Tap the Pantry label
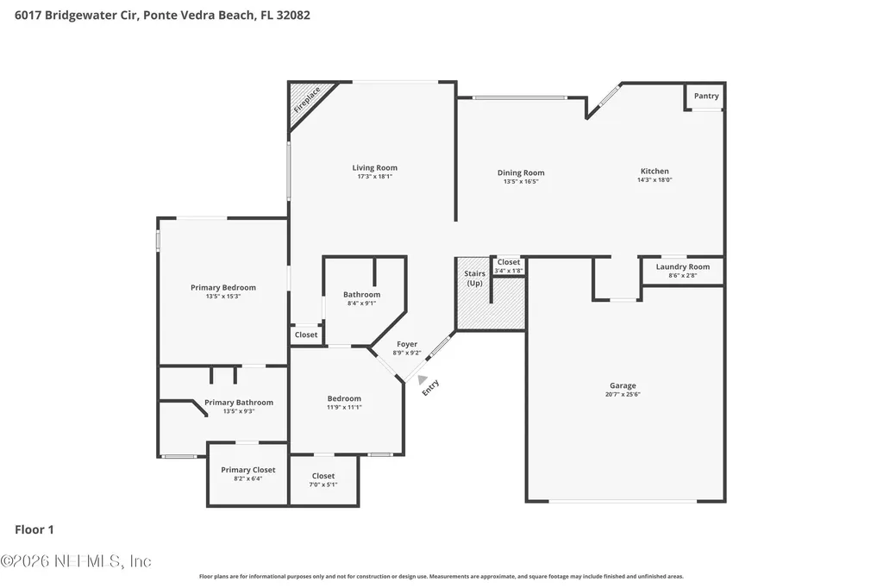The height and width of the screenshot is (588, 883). pos(706,96)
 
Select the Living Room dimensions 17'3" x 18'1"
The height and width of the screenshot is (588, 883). pos(374,176)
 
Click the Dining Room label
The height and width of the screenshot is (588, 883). pos(521,173)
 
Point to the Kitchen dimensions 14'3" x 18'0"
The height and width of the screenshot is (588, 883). pos(654,179)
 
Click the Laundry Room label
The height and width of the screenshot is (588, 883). pos(683,267)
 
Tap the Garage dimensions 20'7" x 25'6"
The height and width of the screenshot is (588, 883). pos(623,394)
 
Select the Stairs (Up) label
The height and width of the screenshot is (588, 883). pos(475,278)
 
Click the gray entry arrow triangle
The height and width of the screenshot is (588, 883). pos(423,380)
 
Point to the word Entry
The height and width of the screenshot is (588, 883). pos(430,387)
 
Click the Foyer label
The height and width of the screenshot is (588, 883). pos(407,344)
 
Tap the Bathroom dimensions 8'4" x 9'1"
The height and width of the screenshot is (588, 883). pos(361,303)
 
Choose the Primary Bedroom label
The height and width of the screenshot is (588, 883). pos(223,288)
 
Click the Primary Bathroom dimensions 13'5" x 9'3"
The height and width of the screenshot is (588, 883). pos(239,411)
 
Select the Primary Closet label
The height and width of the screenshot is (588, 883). pos(247,470)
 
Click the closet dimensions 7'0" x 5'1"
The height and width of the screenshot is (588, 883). pos(323,485)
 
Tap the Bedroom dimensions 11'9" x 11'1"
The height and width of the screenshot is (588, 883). pos(344,407)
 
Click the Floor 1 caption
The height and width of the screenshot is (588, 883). pos(34,529)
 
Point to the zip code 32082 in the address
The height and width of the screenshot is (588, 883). pos(293,16)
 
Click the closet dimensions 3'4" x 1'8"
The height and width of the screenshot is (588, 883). pos(509,271)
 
